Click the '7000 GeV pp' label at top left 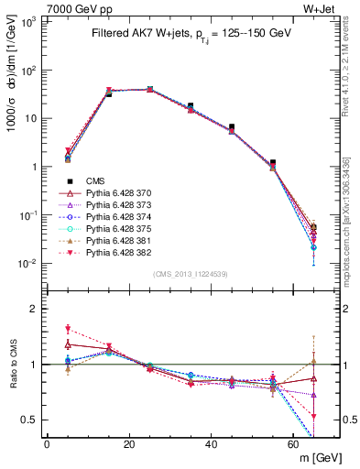point(38,8)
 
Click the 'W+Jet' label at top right point(322,8)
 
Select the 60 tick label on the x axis point(294,443)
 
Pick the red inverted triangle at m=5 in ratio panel point(68,328)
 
